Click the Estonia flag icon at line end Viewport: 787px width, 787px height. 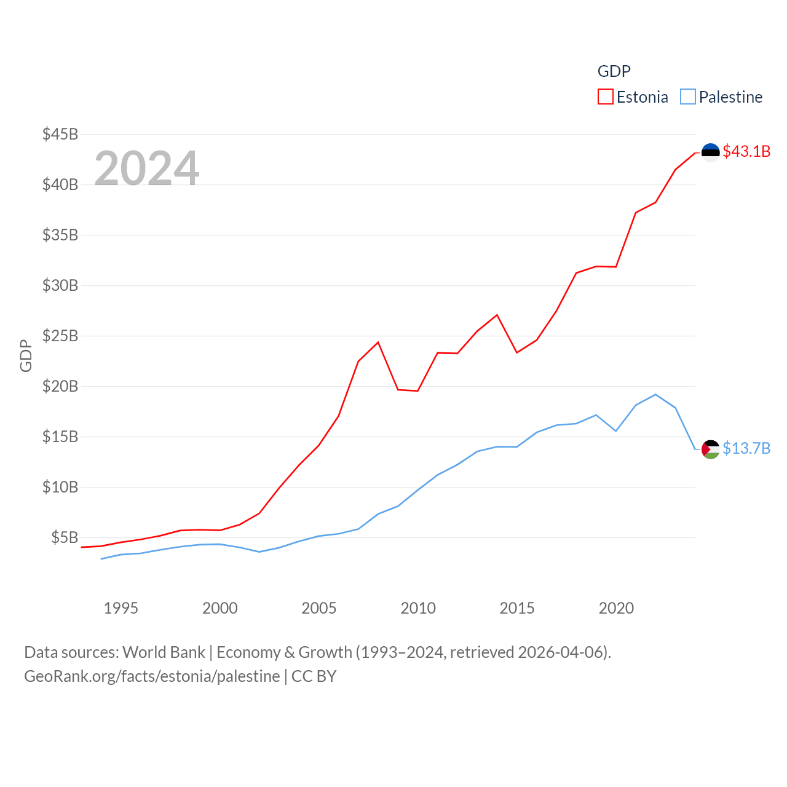pos(710,152)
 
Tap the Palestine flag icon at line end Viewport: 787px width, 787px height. pos(710,449)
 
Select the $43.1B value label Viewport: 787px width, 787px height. pos(746,151)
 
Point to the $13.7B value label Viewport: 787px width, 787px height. pos(746,448)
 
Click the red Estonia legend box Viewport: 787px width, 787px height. pos(606,97)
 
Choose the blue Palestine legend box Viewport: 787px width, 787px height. pos(688,97)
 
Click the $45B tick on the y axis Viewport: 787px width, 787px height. pos(60,134)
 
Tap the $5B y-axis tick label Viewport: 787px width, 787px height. pos(65,537)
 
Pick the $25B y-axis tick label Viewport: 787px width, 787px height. pos(60,336)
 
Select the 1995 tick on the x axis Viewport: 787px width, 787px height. pos(121,608)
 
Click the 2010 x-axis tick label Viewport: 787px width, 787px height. pos(418,608)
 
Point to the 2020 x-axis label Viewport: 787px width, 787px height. pos(616,608)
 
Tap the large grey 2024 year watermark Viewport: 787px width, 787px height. pos(147,168)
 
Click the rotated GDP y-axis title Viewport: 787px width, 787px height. pos(26,355)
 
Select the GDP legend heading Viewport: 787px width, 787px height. pos(614,71)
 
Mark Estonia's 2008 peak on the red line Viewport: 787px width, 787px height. pos(378,342)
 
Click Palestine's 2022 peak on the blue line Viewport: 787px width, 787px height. pos(655,394)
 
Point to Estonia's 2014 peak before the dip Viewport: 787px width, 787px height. pos(497,315)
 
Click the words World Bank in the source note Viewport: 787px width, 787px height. pos(164,652)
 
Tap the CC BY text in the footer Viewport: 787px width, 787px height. pos(314,676)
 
